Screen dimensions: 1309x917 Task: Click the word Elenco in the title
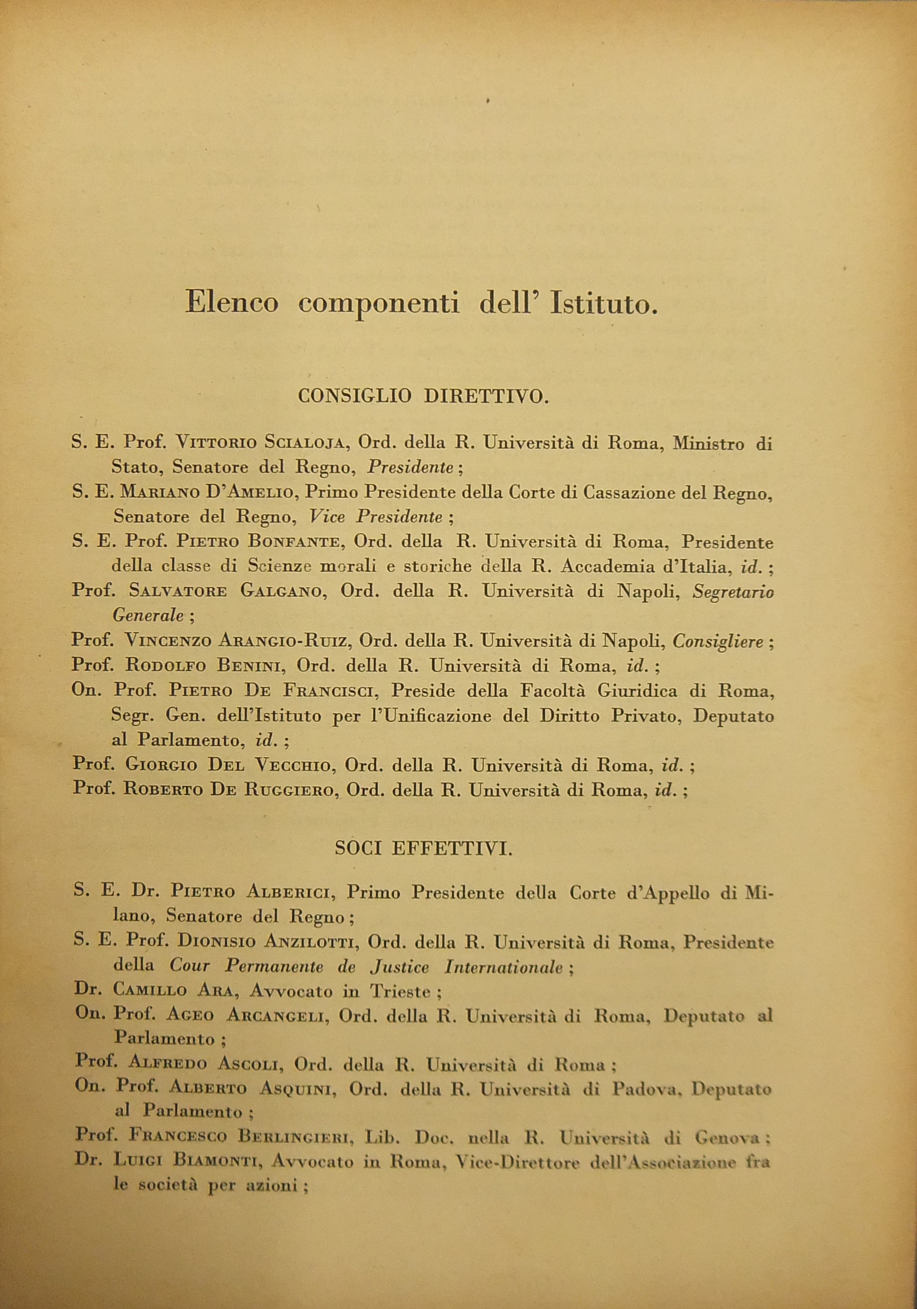tap(231, 303)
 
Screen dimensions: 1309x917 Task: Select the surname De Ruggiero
tap(283, 790)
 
